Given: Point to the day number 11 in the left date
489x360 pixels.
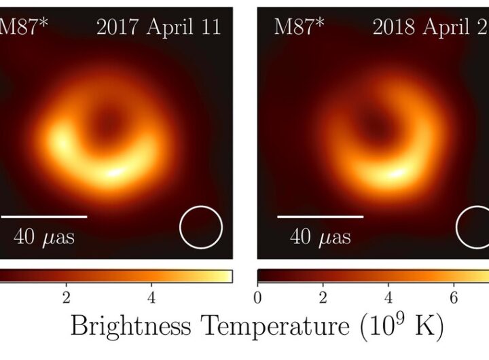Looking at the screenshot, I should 211,27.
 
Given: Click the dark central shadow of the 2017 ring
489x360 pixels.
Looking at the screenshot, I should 107,123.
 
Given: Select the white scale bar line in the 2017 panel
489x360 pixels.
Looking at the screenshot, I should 43,217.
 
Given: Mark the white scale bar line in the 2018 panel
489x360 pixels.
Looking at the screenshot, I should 320,217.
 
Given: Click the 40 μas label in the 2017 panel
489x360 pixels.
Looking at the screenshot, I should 44,237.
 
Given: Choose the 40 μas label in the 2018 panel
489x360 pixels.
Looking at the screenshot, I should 321,237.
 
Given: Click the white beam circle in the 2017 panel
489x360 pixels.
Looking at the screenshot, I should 201,228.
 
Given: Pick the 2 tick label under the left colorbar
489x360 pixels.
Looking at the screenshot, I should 66,298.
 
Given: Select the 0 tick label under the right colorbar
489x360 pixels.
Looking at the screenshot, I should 257,298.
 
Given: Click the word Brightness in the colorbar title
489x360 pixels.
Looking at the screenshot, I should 130,328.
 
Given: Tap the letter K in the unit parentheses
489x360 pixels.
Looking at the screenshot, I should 431,327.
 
